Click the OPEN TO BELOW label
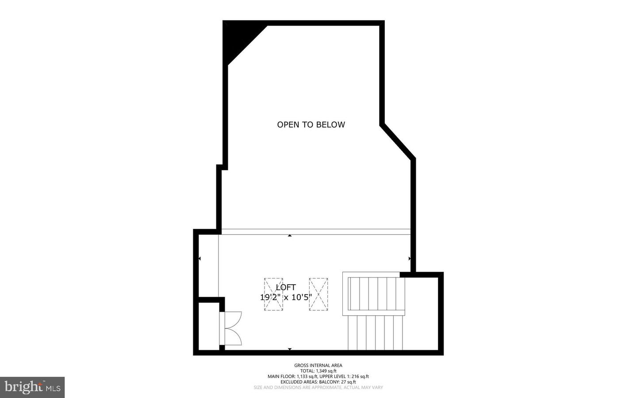(311, 124)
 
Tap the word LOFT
(286, 287)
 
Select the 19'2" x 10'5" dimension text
(286, 297)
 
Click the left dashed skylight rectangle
(273, 294)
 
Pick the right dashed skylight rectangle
(318, 294)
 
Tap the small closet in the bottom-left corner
(209, 326)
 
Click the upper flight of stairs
(376, 294)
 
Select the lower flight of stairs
(376, 332)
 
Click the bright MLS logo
(32, 387)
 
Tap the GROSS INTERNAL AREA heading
(318, 365)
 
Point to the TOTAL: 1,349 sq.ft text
(318, 371)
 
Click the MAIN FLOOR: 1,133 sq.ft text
(292, 376)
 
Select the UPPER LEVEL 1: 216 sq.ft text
(344, 376)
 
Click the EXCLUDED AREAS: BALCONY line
(318, 382)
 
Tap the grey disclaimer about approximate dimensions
(318, 387)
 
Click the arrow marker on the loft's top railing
(290, 236)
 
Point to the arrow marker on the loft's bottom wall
(290, 349)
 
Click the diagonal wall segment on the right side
(398, 142)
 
